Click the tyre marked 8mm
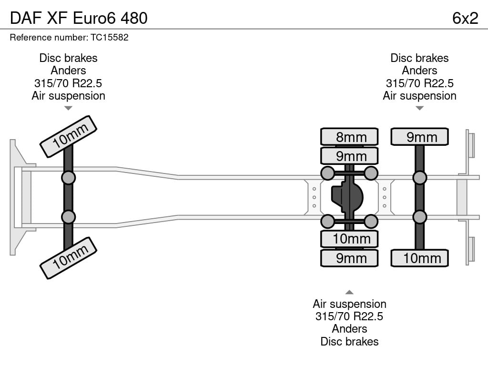tap(349, 137)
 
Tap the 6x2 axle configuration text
tap(465, 18)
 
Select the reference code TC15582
tap(110, 37)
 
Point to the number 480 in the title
tap(134, 18)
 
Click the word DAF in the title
tap(26, 18)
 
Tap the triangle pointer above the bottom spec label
tap(349, 292)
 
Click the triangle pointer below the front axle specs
tap(68, 108)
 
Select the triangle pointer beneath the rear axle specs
tap(419, 108)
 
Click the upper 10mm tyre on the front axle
tap(69, 136)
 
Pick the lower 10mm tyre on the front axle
tap(69, 258)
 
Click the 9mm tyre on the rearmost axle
tap(419, 137)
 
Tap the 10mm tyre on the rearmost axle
tap(419, 258)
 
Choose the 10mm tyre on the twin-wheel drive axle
tap(349, 239)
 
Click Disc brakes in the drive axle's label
tap(349, 341)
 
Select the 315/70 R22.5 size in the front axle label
tap(68, 83)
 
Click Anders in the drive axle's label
tap(349, 329)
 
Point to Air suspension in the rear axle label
tap(419, 96)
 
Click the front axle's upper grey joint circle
tap(68, 178)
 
